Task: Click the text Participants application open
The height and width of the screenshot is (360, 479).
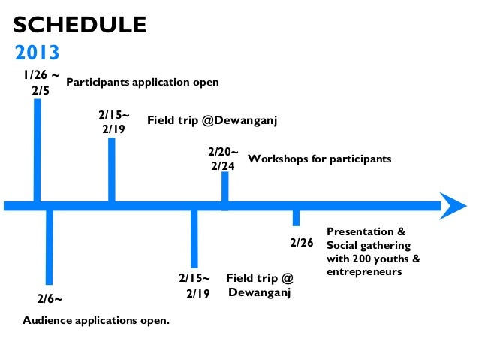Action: click(x=143, y=81)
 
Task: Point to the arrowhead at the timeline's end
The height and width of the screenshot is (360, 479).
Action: click(x=453, y=205)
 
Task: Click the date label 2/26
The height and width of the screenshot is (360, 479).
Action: click(x=301, y=244)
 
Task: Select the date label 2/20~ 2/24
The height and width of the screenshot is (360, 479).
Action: click(x=223, y=159)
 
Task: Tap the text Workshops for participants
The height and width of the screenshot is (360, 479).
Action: click(x=320, y=160)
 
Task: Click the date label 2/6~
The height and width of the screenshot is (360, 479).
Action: click(x=50, y=298)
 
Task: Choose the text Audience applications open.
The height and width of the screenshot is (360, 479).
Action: click(x=97, y=321)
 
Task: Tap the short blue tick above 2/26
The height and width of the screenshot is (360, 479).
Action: click(x=297, y=217)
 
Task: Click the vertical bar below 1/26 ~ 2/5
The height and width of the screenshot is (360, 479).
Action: click(x=38, y=150)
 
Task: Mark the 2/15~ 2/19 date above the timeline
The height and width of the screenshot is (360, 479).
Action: click(x=113, y=122)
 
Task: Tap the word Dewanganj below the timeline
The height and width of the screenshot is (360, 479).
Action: click(x=260, y=292)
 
